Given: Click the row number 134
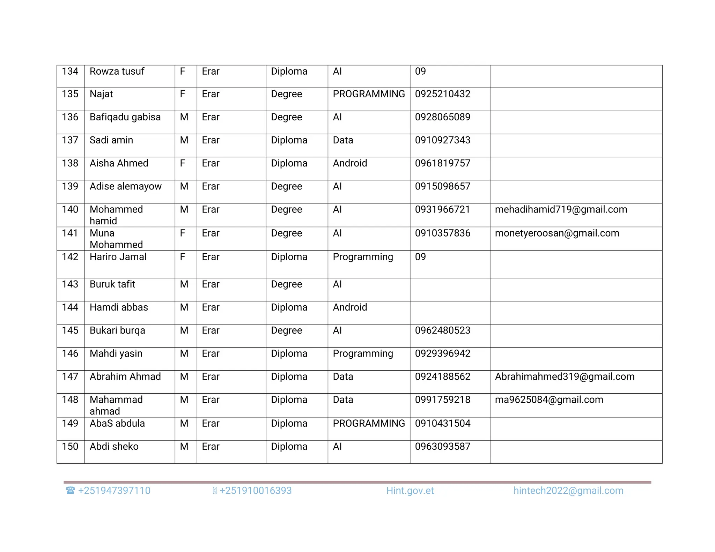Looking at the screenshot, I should click(70, 72).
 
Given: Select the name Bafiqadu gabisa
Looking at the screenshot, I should click(125, 117).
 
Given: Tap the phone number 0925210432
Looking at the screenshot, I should click(442, 94).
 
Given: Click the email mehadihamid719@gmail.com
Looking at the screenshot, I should click(561, 210).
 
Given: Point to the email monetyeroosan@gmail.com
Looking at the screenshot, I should click(557, 233).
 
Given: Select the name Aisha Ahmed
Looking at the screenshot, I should click(119, 163).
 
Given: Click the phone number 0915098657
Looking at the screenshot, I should click(442, 186).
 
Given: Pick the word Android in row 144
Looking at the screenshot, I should click(350, 307).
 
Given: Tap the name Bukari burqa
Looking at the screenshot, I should click(117, 330).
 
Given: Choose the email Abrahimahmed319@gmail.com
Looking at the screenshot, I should click(565, 377).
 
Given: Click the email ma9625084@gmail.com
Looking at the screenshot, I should click(549, 400).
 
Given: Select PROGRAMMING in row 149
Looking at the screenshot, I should click(369, 424).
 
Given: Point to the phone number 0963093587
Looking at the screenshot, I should click(442, 447).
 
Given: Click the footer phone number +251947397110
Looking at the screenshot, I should click(114, 491).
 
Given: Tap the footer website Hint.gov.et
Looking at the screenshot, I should click(410, 491).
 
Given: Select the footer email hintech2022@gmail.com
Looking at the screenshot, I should click(568, 491).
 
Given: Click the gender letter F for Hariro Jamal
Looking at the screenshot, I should click(182, 257).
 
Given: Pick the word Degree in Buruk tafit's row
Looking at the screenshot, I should click(286, 284).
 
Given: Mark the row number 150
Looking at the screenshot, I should click(70, 447).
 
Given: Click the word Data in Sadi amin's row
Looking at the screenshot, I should click(343, 140).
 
